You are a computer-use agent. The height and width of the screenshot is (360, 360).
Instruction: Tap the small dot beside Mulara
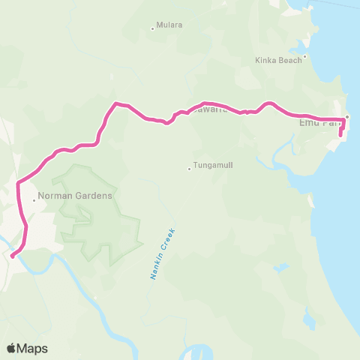coord(153,29)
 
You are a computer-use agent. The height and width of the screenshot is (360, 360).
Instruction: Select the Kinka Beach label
coord(278,58)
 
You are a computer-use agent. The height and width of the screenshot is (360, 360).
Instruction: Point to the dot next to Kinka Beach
coord(305,57)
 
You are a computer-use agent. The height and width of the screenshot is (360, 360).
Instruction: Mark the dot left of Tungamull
coord(189,168)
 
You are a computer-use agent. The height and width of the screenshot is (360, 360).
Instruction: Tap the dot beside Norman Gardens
coord(34,200)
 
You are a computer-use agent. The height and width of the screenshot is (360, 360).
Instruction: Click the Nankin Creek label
coord(159,254)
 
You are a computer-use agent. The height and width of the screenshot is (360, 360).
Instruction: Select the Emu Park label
coord(319,122)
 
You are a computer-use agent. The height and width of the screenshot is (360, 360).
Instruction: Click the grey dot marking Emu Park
coord(347,117)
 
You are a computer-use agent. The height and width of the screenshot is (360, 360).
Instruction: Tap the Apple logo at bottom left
coord(11,348)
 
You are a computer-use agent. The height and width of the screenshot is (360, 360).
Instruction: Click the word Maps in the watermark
coord(33,348)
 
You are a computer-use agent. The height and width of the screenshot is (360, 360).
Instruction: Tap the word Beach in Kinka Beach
coord(290,58)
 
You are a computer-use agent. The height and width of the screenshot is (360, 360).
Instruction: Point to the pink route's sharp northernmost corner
coord(115,103)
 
